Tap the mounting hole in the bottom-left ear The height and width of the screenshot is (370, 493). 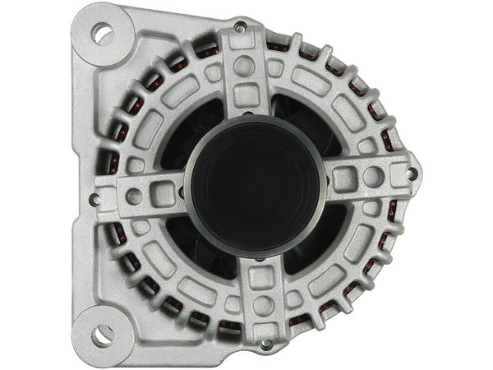[x=100, y=335]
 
